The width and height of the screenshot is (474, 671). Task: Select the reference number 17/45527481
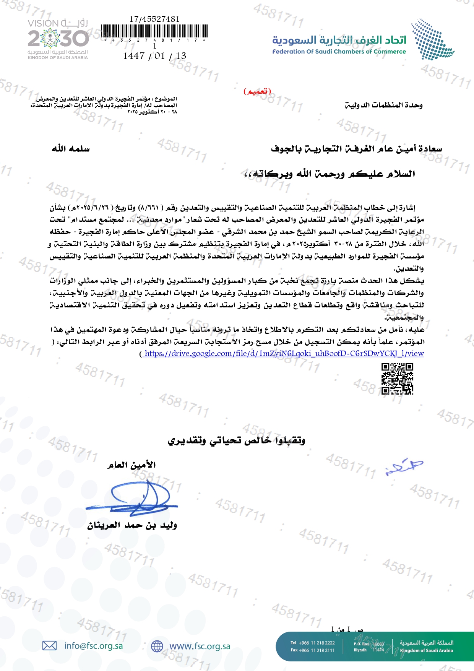(x=154, y=19)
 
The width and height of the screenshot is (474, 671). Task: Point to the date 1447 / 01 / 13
(x=154, y=56)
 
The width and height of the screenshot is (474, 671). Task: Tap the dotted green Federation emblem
(x=432, y=39)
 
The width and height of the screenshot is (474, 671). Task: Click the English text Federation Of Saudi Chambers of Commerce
(x=339, y=52)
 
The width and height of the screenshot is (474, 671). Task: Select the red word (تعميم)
(x=257, y=91)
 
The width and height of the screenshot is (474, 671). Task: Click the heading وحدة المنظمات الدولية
(x=383, y=105)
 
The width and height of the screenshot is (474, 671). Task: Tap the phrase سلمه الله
(x=71, y=148)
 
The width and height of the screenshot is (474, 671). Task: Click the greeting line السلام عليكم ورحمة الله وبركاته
(x=330, y=174)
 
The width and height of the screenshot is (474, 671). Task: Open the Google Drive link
(x=284, y=353)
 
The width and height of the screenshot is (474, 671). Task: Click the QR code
(x=397, y=379)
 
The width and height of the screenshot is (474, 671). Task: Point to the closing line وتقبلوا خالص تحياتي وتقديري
(x=237, y=440)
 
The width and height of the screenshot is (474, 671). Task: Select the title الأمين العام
(x=132, y=465)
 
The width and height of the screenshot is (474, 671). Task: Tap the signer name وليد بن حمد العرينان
(x=132, y=525)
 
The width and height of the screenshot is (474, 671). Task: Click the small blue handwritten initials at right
(x=404, y=466)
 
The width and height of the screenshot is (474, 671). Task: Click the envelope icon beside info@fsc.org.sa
(x=49, y=646)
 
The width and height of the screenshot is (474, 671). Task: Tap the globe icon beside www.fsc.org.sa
(x=157, y=646)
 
